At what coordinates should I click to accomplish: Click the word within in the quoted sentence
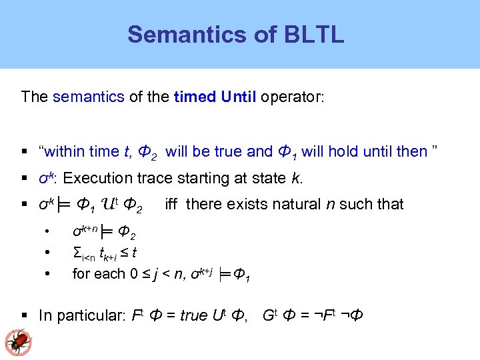(x=69, y=151)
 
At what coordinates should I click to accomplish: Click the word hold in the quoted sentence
(x=343, y=151)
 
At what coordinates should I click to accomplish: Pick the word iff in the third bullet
(x=171, y=204)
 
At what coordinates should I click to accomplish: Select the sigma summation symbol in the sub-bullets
(x=76, y=252)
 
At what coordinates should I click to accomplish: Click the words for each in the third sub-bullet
(x=97, y=273)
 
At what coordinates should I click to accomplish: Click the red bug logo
(x=18, y=341)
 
